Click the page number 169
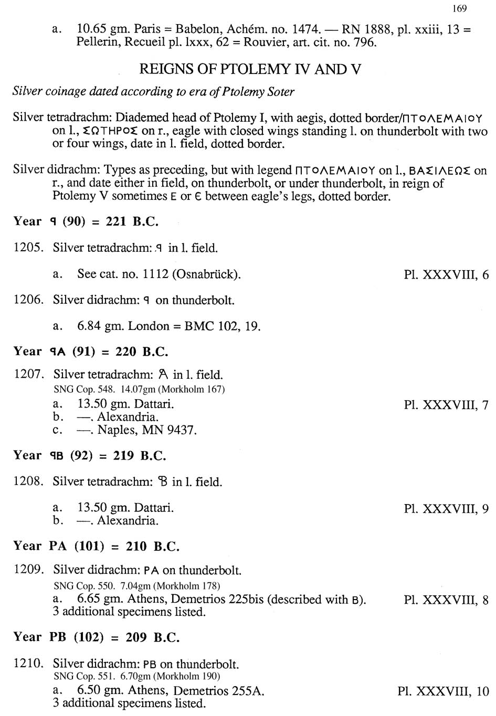click(459, 8)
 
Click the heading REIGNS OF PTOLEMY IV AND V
click(250, 69)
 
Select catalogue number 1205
click(28, 248)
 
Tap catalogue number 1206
click(28, 300)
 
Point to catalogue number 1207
click(28, 375)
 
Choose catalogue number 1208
click(28, 482)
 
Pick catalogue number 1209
click(28, 570)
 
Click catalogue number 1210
click(28, 664)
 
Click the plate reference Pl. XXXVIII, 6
click(446, 274)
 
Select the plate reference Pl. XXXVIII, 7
click(446, 404)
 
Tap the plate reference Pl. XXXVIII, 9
click(446, 508)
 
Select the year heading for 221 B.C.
click(86, 221)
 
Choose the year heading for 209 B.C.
click(96, 637)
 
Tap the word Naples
click(116, 431)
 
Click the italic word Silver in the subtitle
click(27, 92)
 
